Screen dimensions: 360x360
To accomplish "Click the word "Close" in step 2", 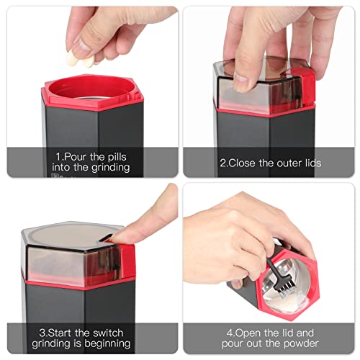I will pyautogui.click(x=243, y=163).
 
